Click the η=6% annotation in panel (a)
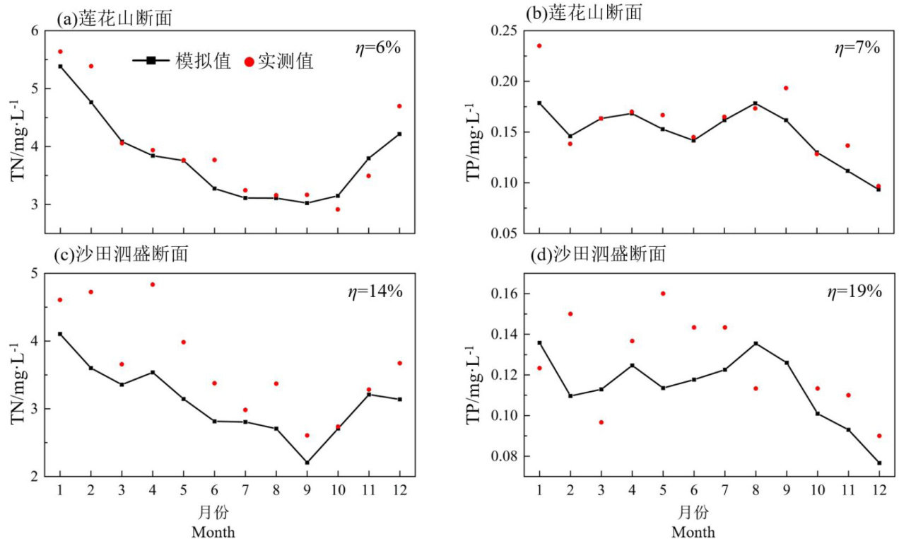(x=377, y=48)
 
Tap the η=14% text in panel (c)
(x=379, y=291)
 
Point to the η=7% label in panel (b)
(x=857, y=48)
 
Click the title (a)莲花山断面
(x=114, y=20)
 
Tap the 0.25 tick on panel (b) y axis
(x=503, y=31)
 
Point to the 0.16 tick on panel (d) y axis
(x=503, y=294)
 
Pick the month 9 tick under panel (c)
(x=307, y=489)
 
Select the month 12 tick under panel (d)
(x=879, y=489)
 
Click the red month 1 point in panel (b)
(x=539, y=46)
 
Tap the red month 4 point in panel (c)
(x=153, y=284)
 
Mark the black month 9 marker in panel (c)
(x=307, y=463)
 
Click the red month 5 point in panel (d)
(x=663, y=294)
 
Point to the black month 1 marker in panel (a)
(x=60, y=66)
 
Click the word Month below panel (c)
(x=213, y=532)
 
